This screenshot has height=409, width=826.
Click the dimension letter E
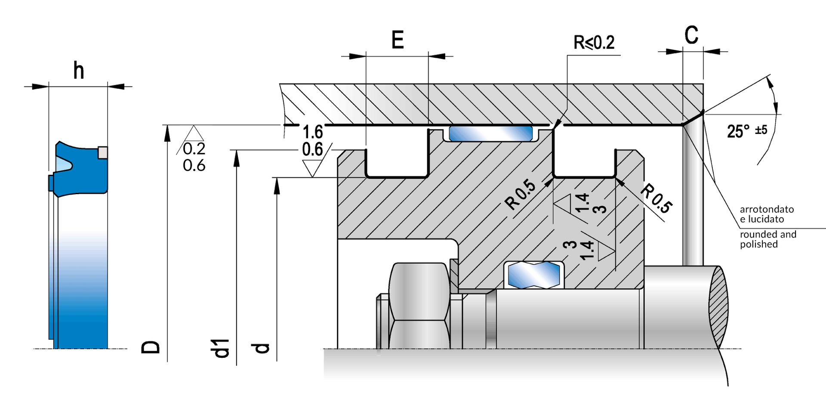pyautogui.click(x=398, y=40)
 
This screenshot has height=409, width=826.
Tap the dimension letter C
pyautogui.click(x=691, y=35)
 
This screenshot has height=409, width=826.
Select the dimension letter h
pyautogui.click(x=78, y=71)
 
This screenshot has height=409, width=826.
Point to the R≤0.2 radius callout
pyautogui.click(x=594, y=43)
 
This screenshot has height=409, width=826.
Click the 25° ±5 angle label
pyautogui.click(x=747, y=131)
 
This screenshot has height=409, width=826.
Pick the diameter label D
pyautogui.click(x=151, y=347)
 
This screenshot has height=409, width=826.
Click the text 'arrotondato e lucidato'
pyautogui.click(x=767, y=214)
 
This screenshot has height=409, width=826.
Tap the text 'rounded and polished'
pyautogui.click(x=768, y=239)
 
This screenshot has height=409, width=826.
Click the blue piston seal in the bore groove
pyautogui.click(x=491, y=134)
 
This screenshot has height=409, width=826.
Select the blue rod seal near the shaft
pyautogui.click(x=533, y=275)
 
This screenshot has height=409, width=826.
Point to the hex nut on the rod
pyautogui.click(x=419, y=305)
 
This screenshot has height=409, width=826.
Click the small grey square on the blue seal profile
pyautogui.click(x=103, y=152)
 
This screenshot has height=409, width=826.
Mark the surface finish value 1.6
pyautogui.click(x=313, y=132)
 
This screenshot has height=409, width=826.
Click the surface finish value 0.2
pyautogui.click(x=194, y=149)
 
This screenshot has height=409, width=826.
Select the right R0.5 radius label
pyautogui.click(x=656, y=198)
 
